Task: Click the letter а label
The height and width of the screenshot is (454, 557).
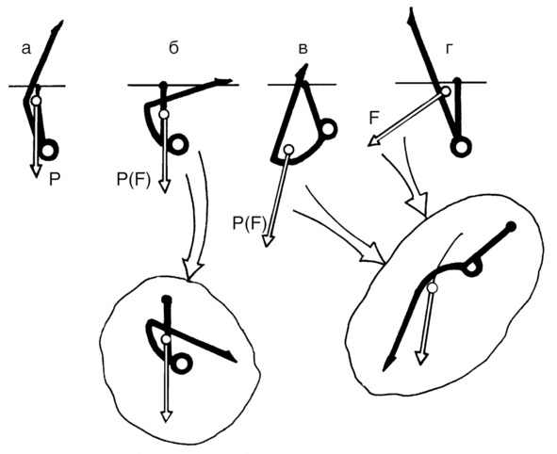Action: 26,49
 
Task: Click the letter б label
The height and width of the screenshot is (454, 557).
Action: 173,48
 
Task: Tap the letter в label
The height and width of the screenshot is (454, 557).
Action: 303,49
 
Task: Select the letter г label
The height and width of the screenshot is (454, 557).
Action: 449,49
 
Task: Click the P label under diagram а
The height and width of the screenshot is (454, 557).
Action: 54,180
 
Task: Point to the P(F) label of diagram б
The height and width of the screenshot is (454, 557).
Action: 133,180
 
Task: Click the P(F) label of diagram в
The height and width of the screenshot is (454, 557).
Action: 250,223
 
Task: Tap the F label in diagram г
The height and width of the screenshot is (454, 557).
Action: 374,118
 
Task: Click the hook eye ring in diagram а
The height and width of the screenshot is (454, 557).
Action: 49,150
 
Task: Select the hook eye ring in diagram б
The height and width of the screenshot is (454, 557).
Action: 177,144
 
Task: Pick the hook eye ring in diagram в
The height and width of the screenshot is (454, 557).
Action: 328,128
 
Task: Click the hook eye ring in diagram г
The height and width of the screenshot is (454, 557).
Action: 461,146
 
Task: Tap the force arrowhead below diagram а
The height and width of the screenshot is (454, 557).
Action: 35,170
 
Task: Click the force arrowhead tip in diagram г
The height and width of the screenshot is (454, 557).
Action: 368,146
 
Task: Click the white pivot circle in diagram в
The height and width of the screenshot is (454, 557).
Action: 289,150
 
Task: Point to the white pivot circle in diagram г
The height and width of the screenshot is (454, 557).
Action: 447,90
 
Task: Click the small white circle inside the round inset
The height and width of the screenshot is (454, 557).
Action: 166,339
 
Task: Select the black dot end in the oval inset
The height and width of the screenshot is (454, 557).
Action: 511,226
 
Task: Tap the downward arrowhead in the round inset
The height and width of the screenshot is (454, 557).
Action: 166,416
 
